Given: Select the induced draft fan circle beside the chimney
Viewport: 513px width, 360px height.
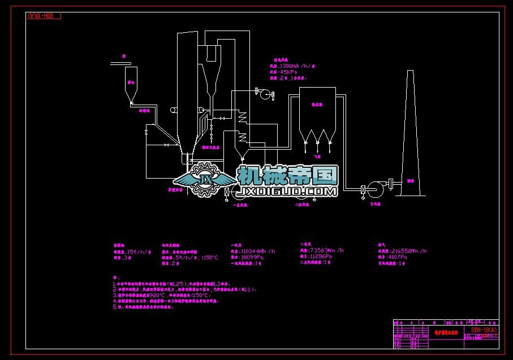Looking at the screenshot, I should [x=374, y=188].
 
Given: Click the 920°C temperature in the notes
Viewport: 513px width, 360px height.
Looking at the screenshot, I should [x=157, y=294].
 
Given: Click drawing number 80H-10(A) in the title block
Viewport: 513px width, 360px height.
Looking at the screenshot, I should [x=484, y=330].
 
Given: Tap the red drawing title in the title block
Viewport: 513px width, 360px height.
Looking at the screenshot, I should [x=444, y=333].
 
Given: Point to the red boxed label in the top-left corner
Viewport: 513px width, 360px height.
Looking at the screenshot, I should [x=44, y=16].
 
